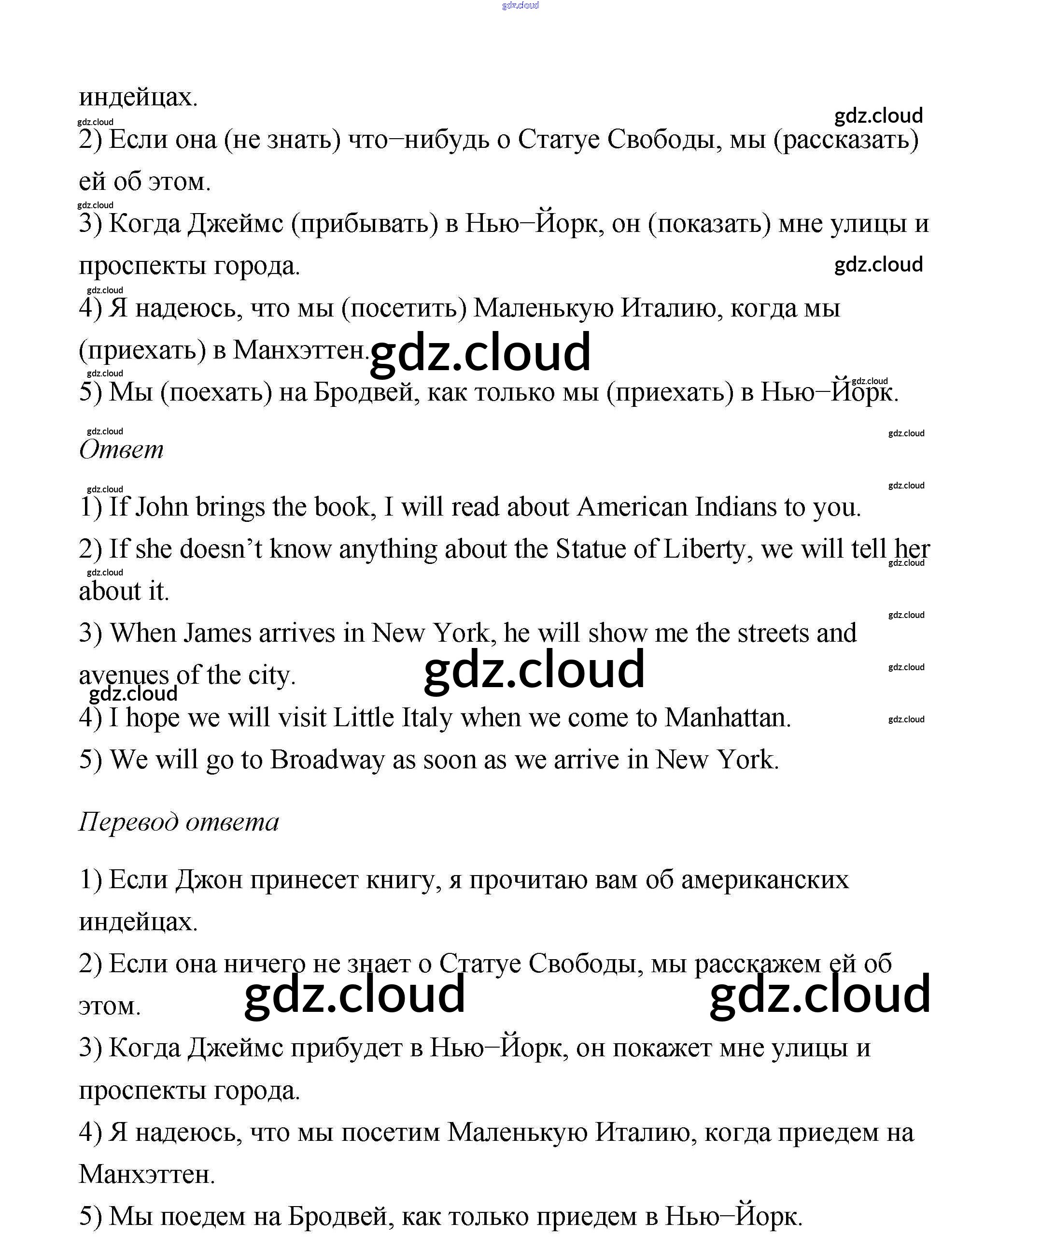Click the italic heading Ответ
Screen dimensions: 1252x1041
pos(121,449)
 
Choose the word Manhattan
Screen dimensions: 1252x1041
pos(727,718)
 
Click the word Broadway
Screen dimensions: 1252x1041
pos(327,760)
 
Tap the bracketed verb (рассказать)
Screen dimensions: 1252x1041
pos(846,141)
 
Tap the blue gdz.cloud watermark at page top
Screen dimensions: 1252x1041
pos(520,5)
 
